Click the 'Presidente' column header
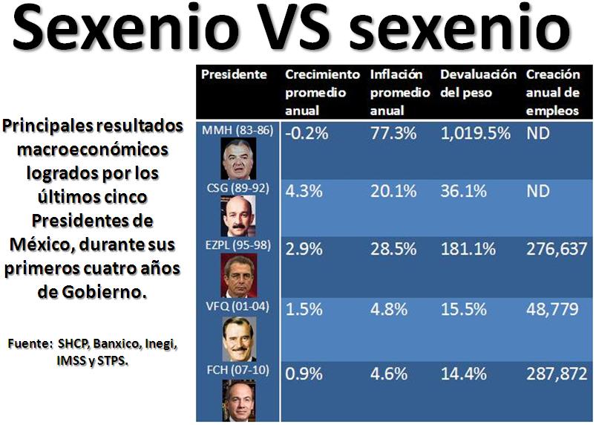(234, 74)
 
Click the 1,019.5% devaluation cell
(475, 134)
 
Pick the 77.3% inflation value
(393, 134)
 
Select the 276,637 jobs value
(556, 250)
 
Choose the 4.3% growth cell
(304, 191)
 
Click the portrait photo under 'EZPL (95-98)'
(238, 276)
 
